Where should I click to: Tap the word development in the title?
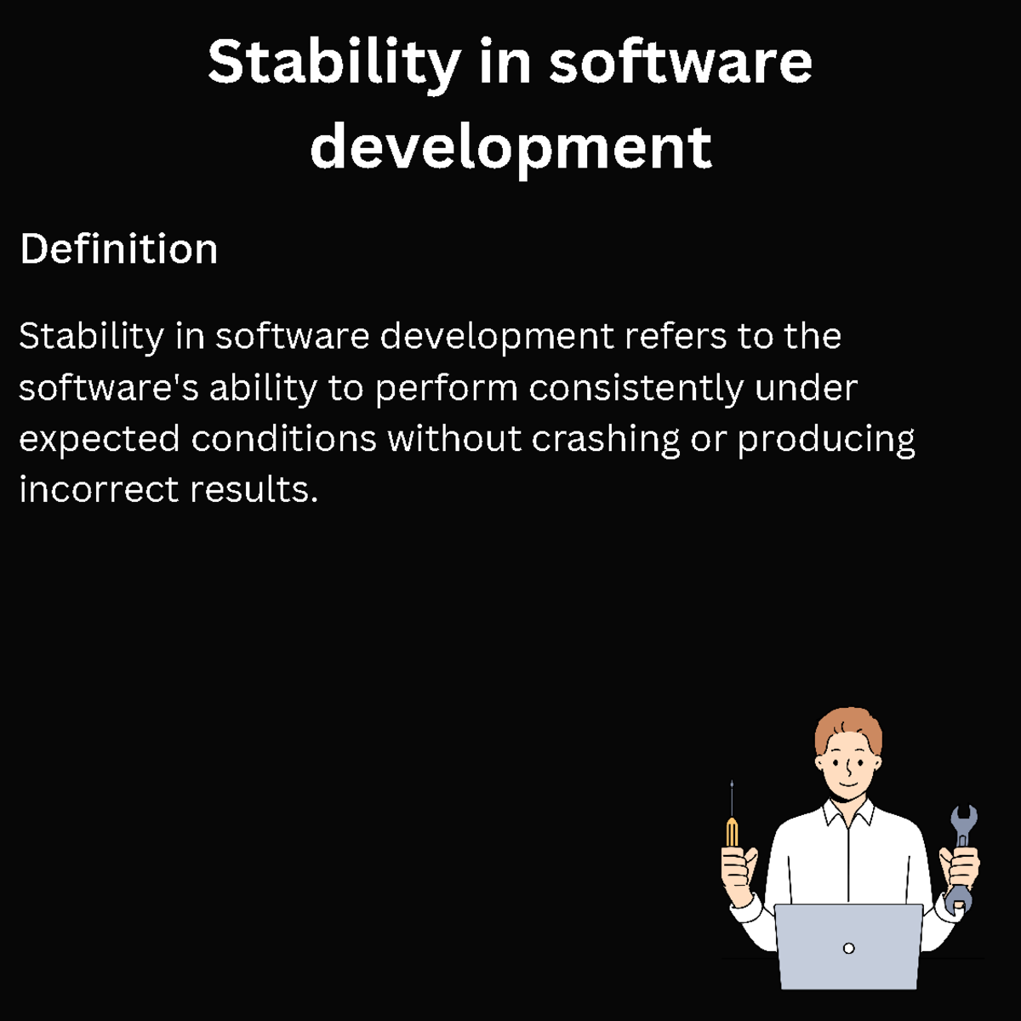point(510,146)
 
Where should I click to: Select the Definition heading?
point(118,249)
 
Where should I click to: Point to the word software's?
point(109,388)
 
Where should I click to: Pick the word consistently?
point(636,388)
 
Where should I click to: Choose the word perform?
point(447,388)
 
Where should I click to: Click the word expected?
point(100,439)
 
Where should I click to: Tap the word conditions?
point(283,439)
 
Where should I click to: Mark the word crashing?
point(606,439)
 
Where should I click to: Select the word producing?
point(825,439)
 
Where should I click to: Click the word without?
point(454,439)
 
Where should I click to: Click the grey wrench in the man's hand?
point(962,851)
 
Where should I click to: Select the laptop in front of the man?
point(847,944)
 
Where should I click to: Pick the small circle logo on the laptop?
point(848,948)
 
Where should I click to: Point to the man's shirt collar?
point(848,813)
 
